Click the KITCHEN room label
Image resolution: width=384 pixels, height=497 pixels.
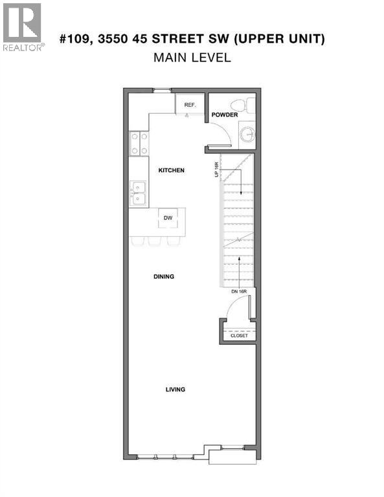pyautogui.click(x=172, y=170)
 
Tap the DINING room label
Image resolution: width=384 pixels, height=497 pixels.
pyautogui.click(x=164, y=276)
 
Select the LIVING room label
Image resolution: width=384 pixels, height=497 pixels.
pyautogui.click(x=175, y=390)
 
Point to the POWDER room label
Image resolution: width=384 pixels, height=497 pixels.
pyautogui.click(x=224, y=115)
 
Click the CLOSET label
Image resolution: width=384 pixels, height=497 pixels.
pyautogui.click(x=239, y=336)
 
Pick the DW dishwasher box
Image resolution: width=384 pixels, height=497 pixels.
pyautogui.click(x=167, y=218)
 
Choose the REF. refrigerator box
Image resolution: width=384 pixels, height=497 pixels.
pyautogui.click(x=189, y=104)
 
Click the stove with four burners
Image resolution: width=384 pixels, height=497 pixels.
pyautogui.click(x=139, y=143)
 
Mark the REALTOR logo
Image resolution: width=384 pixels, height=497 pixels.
pyautogui.click(x=23, y=27)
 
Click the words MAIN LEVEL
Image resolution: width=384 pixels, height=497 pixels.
pyautogui.click(x=192, y=58)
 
